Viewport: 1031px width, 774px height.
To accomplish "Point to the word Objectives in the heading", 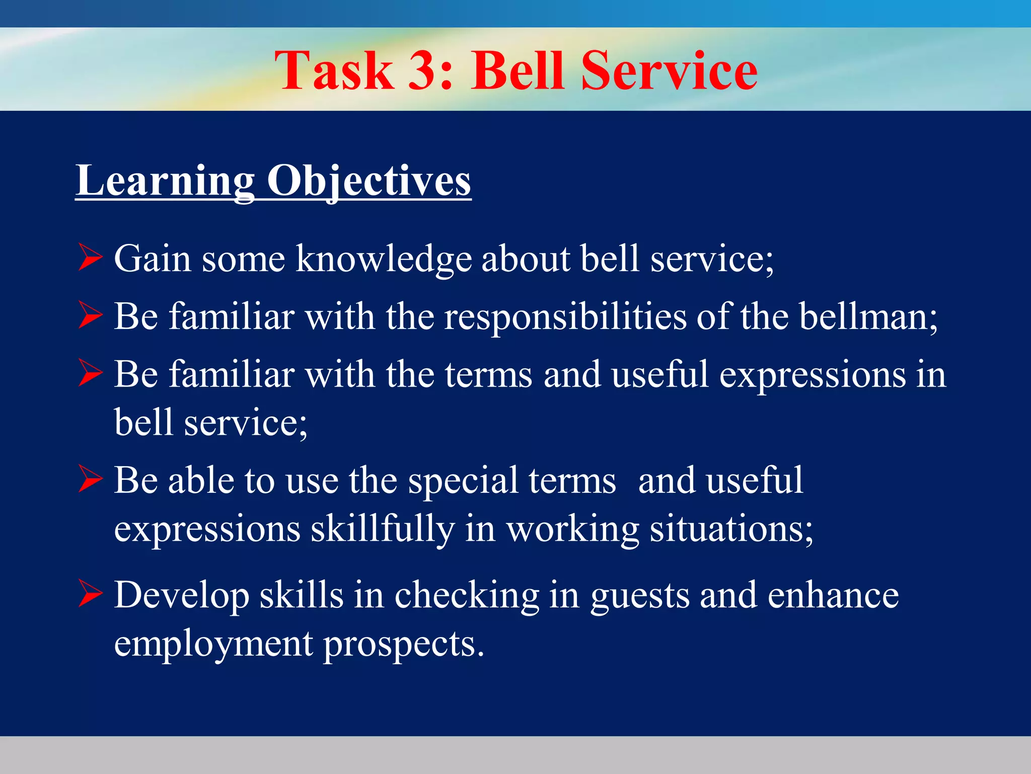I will click(369, 181).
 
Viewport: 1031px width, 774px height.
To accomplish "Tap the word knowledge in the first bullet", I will click(383, 259).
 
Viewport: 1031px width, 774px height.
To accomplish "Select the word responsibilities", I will click(565, 317).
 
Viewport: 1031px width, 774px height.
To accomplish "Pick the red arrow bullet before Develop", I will click(90, 595).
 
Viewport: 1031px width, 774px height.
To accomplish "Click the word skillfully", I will click(382, 529).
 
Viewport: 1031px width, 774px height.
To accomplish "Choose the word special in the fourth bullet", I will click(463, 481).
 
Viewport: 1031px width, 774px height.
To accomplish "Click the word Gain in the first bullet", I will click(153, 259).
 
